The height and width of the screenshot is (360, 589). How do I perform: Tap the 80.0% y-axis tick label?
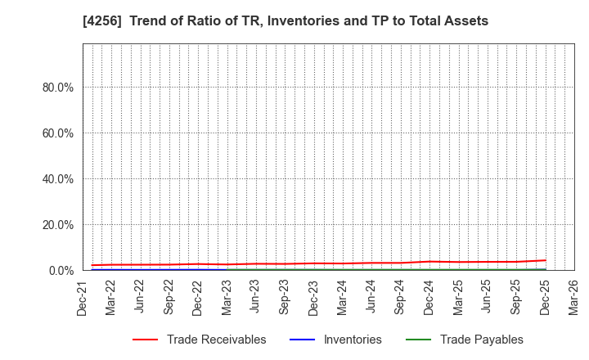pyautogui.click(x=58, y=88)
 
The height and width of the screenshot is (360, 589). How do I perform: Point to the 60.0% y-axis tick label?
pyautogui.click(x=58, y=133)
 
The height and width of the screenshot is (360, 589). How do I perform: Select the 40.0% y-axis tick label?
pyautogui.click(x=58, y=179)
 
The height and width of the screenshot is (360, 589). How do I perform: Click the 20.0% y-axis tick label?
pyautogui.click(x=58, y=225)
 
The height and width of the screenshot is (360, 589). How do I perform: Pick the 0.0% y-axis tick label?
pyautogui.click(x=61, y=271)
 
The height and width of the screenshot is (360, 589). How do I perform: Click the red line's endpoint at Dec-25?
pyautogui.click(x=545, y=260)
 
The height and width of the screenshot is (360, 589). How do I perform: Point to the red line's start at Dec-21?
pyautogui.click(x=92, y=265)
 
